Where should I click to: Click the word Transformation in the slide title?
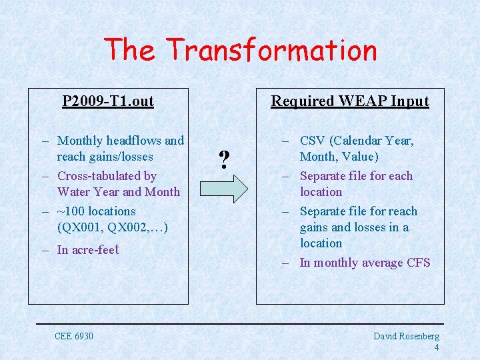[x=271, y=50]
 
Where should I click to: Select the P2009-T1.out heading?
[x=108, y=101]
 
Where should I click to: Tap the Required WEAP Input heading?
[x=349, y=101]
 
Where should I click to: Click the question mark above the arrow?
[x=225, y=159]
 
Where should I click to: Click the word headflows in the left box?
[x=133, y=141]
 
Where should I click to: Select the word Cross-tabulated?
[x=107, y=176]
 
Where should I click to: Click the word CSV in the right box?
[x=312, y=141]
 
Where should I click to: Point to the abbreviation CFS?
[x=418, y=263]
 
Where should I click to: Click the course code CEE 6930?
[x=74, y=335]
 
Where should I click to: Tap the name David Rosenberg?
[x=406, y=337]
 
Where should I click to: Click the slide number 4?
[x=436, y=347]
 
